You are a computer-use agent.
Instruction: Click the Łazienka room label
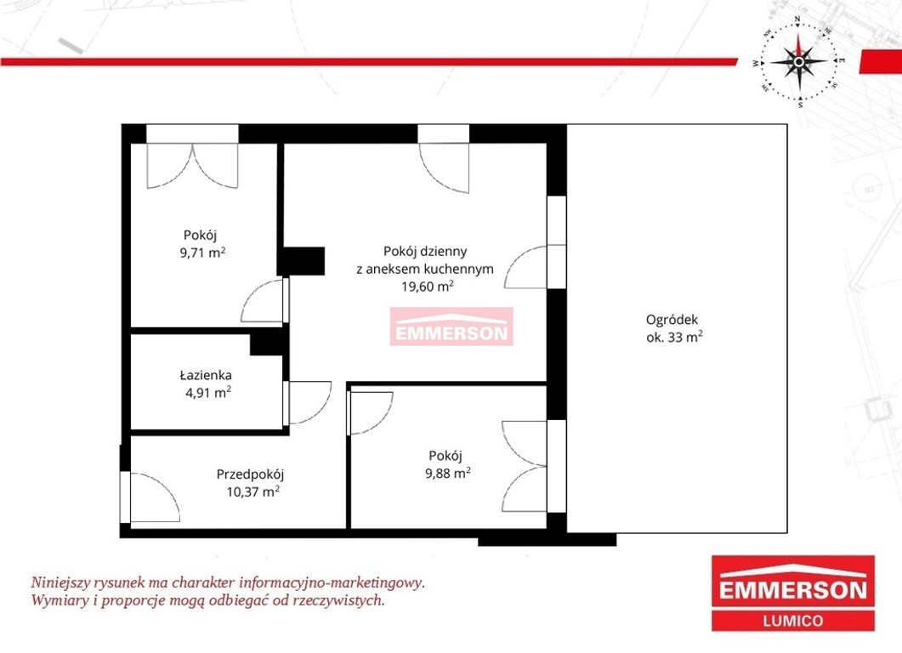206,375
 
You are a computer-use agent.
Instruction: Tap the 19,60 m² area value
428,286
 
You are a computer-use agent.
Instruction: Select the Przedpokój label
250,474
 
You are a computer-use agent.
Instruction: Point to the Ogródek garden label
672,321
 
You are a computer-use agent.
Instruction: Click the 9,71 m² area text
202,252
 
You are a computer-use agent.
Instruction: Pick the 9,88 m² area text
448,473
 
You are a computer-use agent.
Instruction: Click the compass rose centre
799,61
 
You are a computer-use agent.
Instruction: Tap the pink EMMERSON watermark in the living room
451,326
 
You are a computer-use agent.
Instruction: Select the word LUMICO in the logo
792,621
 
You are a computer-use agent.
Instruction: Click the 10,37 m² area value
253,492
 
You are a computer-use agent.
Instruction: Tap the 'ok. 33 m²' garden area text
674,338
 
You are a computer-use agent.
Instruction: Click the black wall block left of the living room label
302,261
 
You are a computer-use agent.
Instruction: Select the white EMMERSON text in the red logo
793,590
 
